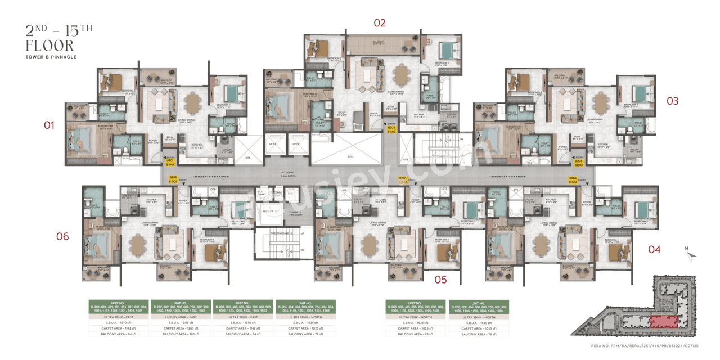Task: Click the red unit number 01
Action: point(49,125)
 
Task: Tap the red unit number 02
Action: point(380,23)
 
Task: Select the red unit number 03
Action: point(672,101)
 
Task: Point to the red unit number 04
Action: point(654,249)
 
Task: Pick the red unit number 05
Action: point(440,280)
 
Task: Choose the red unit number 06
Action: point(62,237)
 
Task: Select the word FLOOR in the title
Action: point(50,46)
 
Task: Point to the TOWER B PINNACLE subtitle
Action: point(51,57)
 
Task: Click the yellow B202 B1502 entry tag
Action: point(392,129)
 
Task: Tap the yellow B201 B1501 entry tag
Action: point(170,163)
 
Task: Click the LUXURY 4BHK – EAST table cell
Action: point(180,317)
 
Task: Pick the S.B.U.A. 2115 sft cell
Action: point(180,323)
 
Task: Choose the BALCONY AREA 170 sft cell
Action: point(180,334)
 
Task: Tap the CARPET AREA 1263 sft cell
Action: point(180,328)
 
